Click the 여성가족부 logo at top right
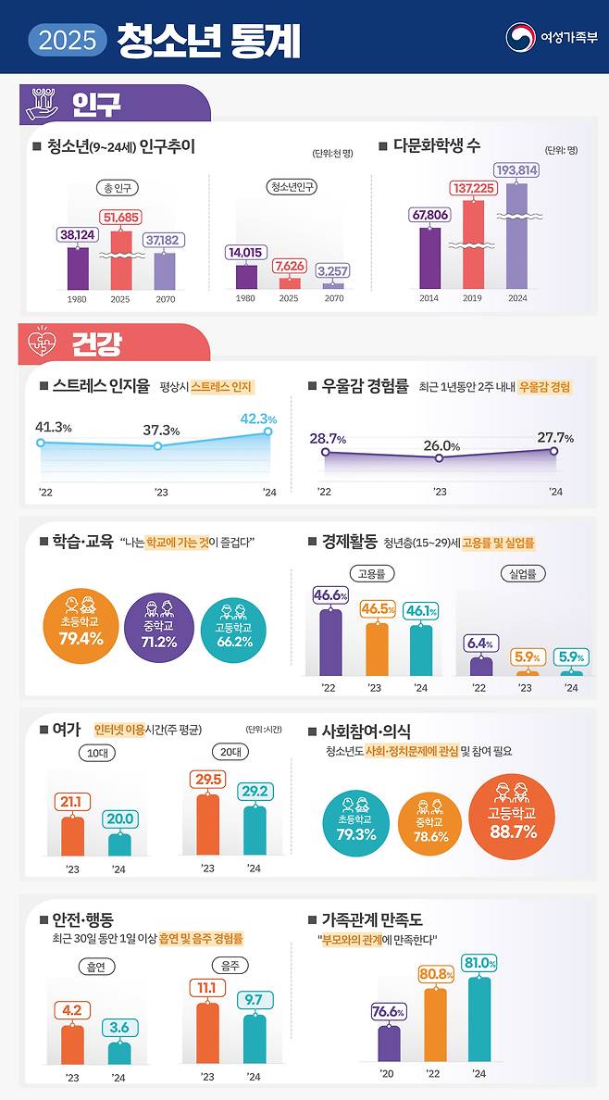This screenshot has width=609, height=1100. (x=552, y=38)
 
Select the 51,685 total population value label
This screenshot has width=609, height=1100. (x=121, y=218)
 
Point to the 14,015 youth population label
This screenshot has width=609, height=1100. (x=245, y=252)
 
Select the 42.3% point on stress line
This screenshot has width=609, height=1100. (x=268, y=431)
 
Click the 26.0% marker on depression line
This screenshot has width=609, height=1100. (x=440, y=457)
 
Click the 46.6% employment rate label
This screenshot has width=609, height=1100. (x=330, y=595)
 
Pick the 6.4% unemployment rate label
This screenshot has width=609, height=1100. (x=478, y=643)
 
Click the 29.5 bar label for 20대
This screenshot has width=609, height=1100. (x=207, y=780)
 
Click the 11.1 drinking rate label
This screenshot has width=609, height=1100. (x=207, y=988)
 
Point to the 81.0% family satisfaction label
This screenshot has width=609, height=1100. (x=478, y=963)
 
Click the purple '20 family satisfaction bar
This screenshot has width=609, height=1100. (x=389, y=1042)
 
